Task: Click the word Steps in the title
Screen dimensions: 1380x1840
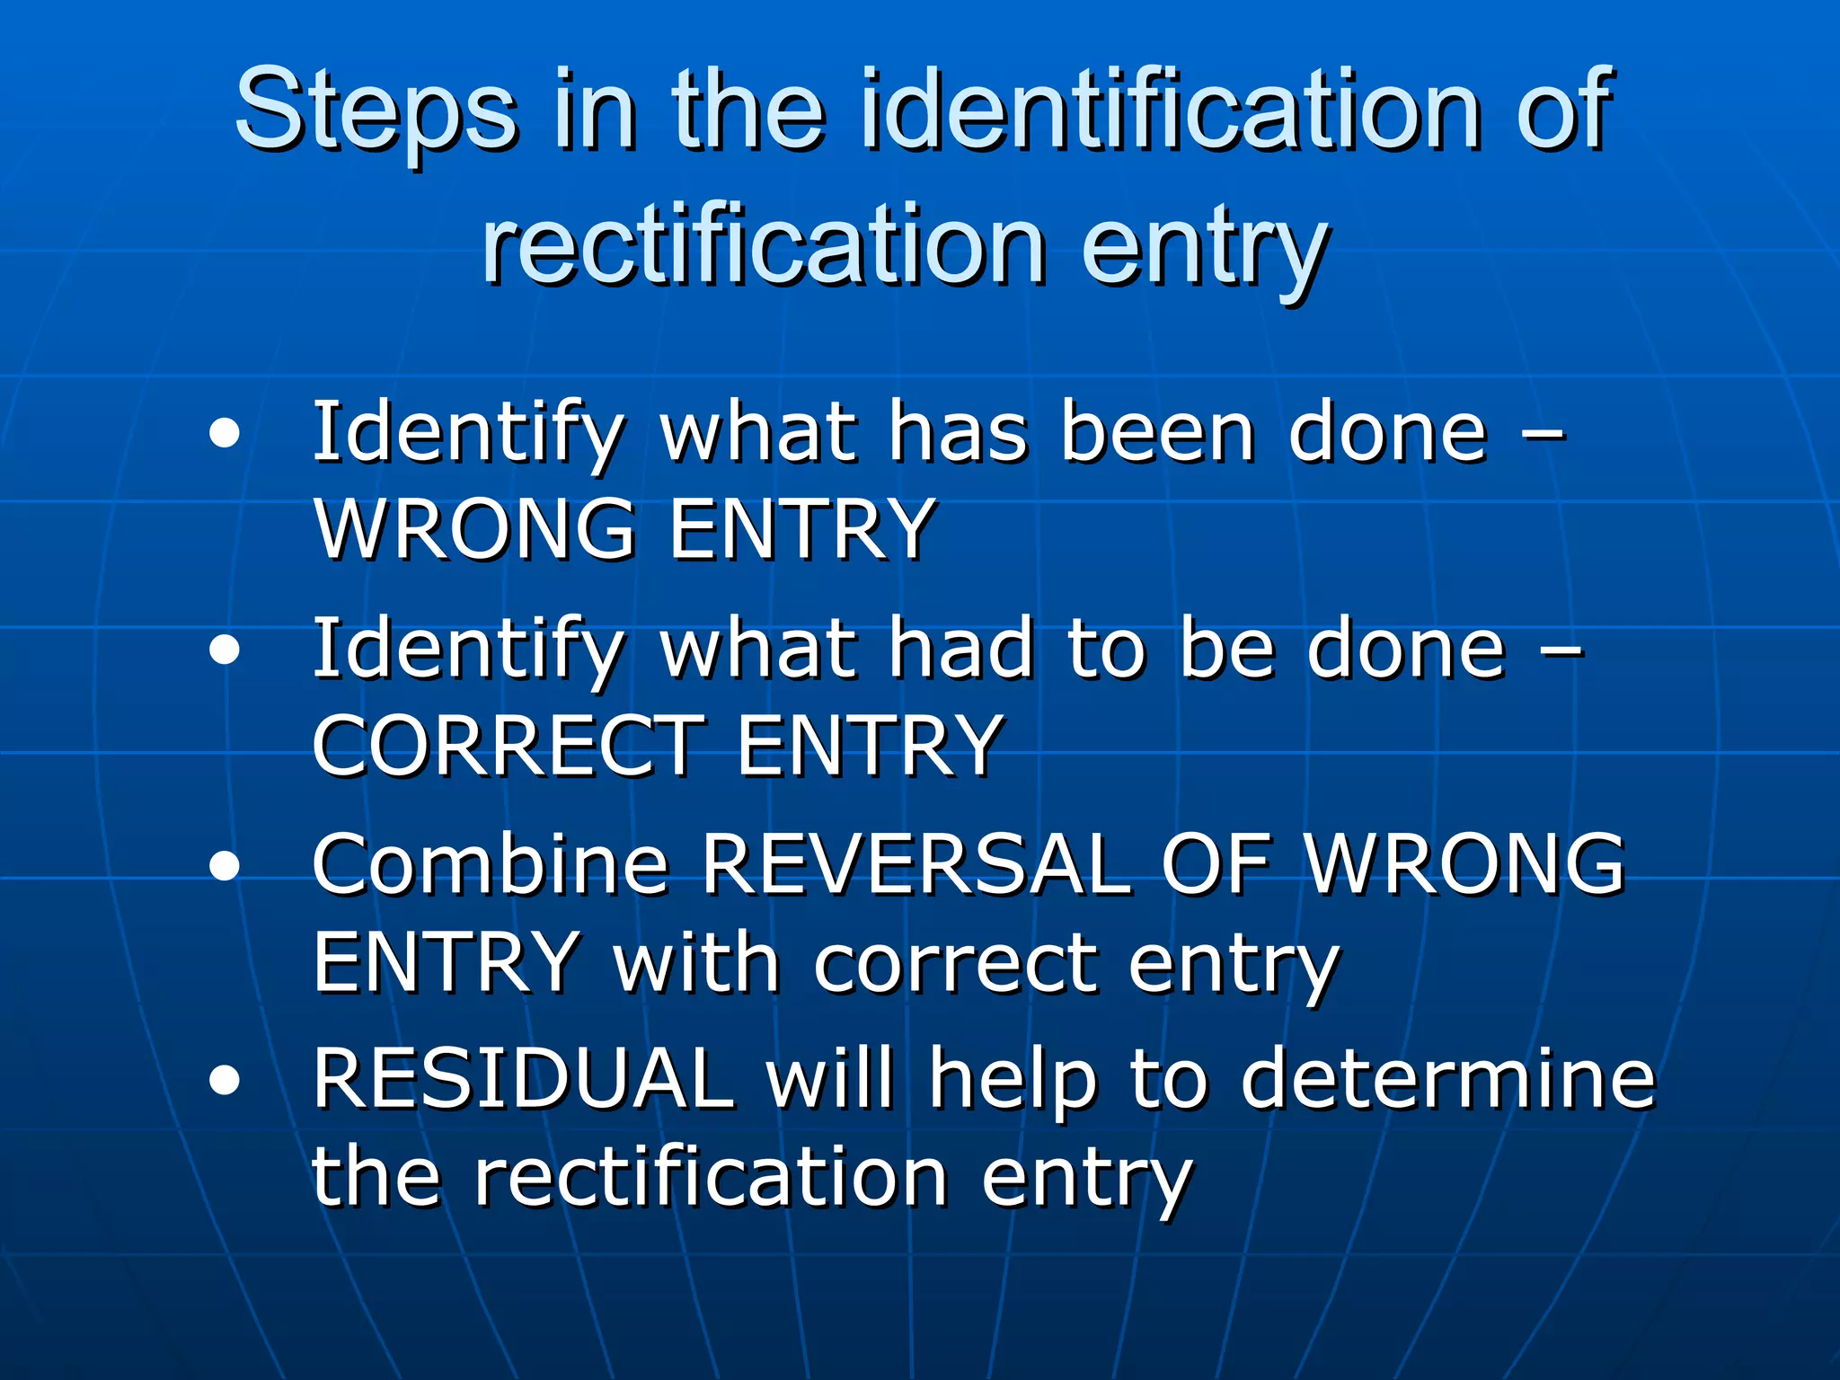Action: point(376,112)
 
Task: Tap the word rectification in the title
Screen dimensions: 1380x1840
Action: point(764,244)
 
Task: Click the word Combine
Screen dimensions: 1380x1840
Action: point(491,864)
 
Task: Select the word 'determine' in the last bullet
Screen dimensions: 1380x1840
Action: point(1447,1080)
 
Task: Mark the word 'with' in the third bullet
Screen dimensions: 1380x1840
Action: point(695,963)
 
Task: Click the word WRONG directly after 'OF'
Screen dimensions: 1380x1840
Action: point(1464,864)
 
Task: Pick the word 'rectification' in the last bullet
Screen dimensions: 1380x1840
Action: point(711,1179)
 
